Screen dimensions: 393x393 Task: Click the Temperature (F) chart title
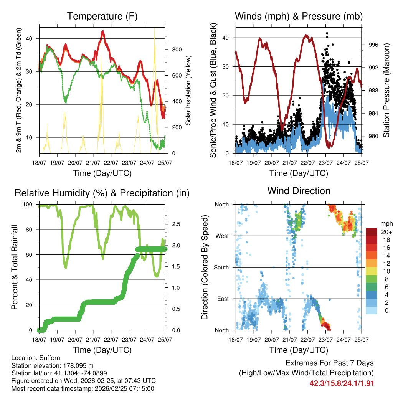point(102,16)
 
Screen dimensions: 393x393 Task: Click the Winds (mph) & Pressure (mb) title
point(299,16)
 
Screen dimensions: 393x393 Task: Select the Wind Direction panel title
point(299,190)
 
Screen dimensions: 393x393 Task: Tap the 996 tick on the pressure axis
point(373,45)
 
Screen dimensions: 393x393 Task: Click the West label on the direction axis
point(221,236)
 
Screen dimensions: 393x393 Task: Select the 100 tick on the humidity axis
point(30,205)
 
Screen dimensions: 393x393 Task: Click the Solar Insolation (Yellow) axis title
point(188,90)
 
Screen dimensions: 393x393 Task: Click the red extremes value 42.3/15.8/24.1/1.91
point(342,383)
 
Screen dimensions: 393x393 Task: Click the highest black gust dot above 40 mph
point(327,33)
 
